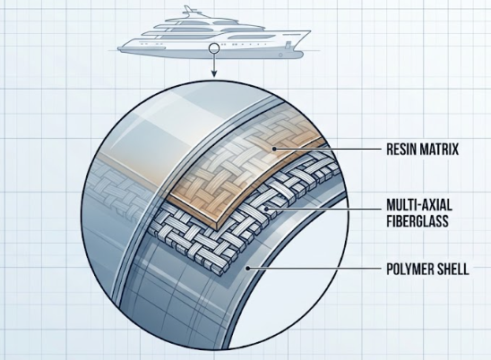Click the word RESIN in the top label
pos(401,149)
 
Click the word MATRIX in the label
pos(439,149)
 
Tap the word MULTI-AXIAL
pos(419,206)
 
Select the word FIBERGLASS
pos(418,221)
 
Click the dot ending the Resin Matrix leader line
pos(274,149)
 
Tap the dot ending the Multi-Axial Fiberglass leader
pos(266,208)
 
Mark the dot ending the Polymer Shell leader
pos(247,269)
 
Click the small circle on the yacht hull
pos(214,48)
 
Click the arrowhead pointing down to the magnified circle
pos(214,73)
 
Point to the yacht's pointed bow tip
pos(310,30)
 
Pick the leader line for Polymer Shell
pos(314,269)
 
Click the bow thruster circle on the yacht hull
pos(280,55)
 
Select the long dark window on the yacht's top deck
pos(183,30)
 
